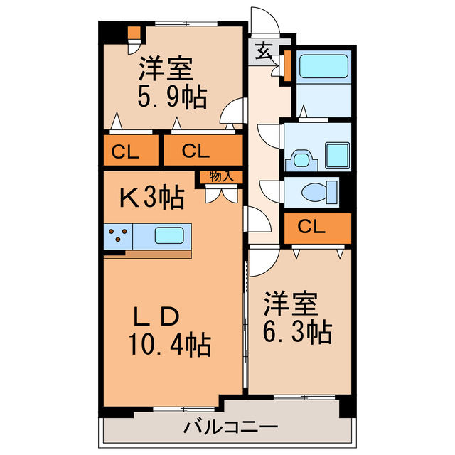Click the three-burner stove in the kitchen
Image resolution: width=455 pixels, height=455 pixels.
click(119, 235)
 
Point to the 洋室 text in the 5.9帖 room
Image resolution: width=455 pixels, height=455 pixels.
click(165, 69)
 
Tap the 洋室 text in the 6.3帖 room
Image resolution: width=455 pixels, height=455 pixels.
click(290, 303)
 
